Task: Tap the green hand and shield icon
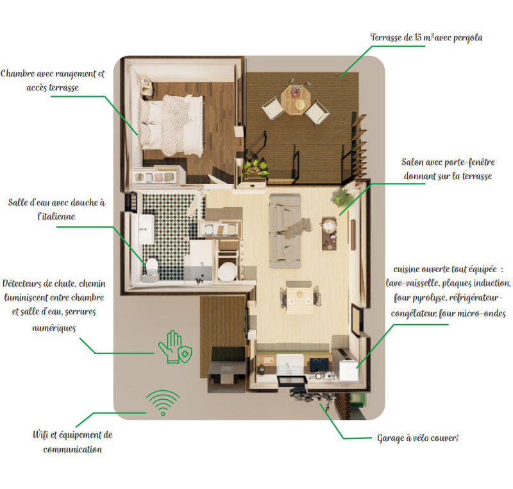(x=174, y=347)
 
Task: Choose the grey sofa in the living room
(x=285, y=230)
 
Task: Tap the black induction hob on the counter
(x=318, y=365)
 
